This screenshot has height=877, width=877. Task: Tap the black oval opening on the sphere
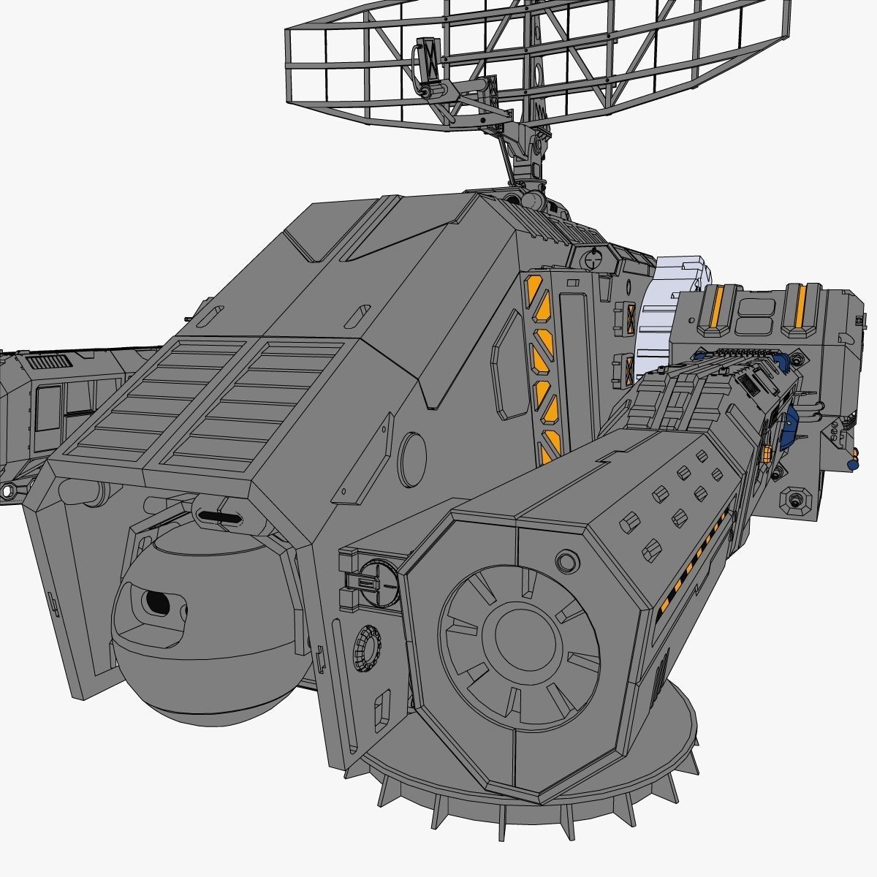tap(156, 601)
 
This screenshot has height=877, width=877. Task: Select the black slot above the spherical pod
tap(219, 516)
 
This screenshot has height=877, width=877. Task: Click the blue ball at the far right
tap(851, 464)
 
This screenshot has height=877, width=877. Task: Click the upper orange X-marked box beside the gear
tap(627, 319)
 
